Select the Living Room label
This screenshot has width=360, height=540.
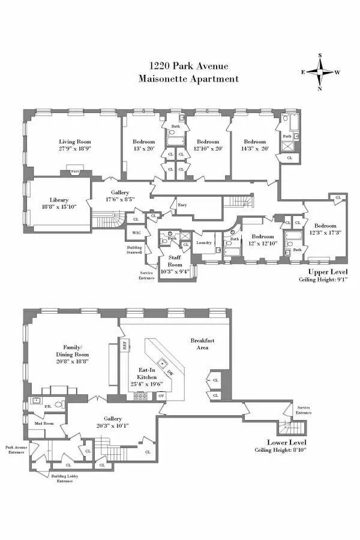(x=75, y=142)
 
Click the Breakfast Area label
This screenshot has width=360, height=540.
(x=202, y=344)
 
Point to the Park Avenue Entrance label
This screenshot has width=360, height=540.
(x=16, y=449)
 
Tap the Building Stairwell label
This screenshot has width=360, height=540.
(x=134, y=250)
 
